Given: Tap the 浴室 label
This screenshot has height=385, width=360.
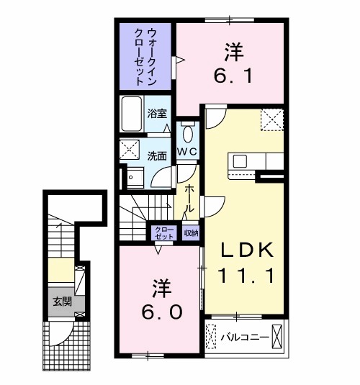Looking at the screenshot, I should (158, 113).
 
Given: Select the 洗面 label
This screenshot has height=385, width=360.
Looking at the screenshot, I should (158, 155).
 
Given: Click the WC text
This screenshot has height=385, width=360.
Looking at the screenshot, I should (187, 152).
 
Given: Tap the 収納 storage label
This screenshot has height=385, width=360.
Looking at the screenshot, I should (190, 232).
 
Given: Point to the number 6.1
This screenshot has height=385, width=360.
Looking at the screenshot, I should (233, 75).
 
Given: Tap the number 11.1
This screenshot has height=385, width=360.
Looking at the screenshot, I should (246, 275).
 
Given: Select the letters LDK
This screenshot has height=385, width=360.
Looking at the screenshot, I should (246, 249).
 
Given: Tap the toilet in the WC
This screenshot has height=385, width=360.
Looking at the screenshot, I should (187, 133).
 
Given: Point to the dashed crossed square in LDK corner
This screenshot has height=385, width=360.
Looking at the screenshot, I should (271, 119).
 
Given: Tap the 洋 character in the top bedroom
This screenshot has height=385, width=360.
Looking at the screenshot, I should (232, 52).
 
